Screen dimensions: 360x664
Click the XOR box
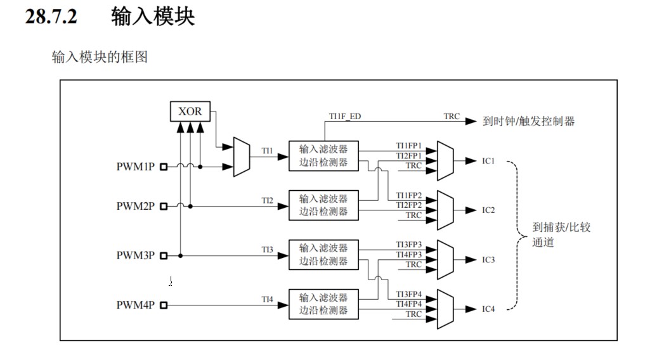[x=190, y=112]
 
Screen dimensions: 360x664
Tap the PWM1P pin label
[x=135, y=167]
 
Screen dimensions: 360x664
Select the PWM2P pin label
[x=135, y=206]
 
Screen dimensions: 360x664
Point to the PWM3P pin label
[x=135, y=255]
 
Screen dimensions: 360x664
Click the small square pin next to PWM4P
[x=164, y=305]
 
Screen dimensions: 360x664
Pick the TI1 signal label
[x=268, y=151]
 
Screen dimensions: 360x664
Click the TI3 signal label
[x=268, y=250]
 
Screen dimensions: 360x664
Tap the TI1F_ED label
[x=345, y=117]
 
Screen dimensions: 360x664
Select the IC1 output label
[x=488, y=160]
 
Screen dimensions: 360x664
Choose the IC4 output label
[x=488, y=309]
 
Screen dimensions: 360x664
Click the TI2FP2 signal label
[x=409, y=205]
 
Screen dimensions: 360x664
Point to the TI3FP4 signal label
[x=409, y=294]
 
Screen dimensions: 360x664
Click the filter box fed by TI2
[x=323, y=205]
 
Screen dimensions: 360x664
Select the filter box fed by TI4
[x=323, y=304]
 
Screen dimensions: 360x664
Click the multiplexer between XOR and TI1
[x=241, y=157]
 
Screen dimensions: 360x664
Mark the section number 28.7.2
[x=51, y=16]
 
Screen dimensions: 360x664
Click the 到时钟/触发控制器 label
[x=528, y=121]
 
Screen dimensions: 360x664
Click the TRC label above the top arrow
[x=452, y=117]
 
